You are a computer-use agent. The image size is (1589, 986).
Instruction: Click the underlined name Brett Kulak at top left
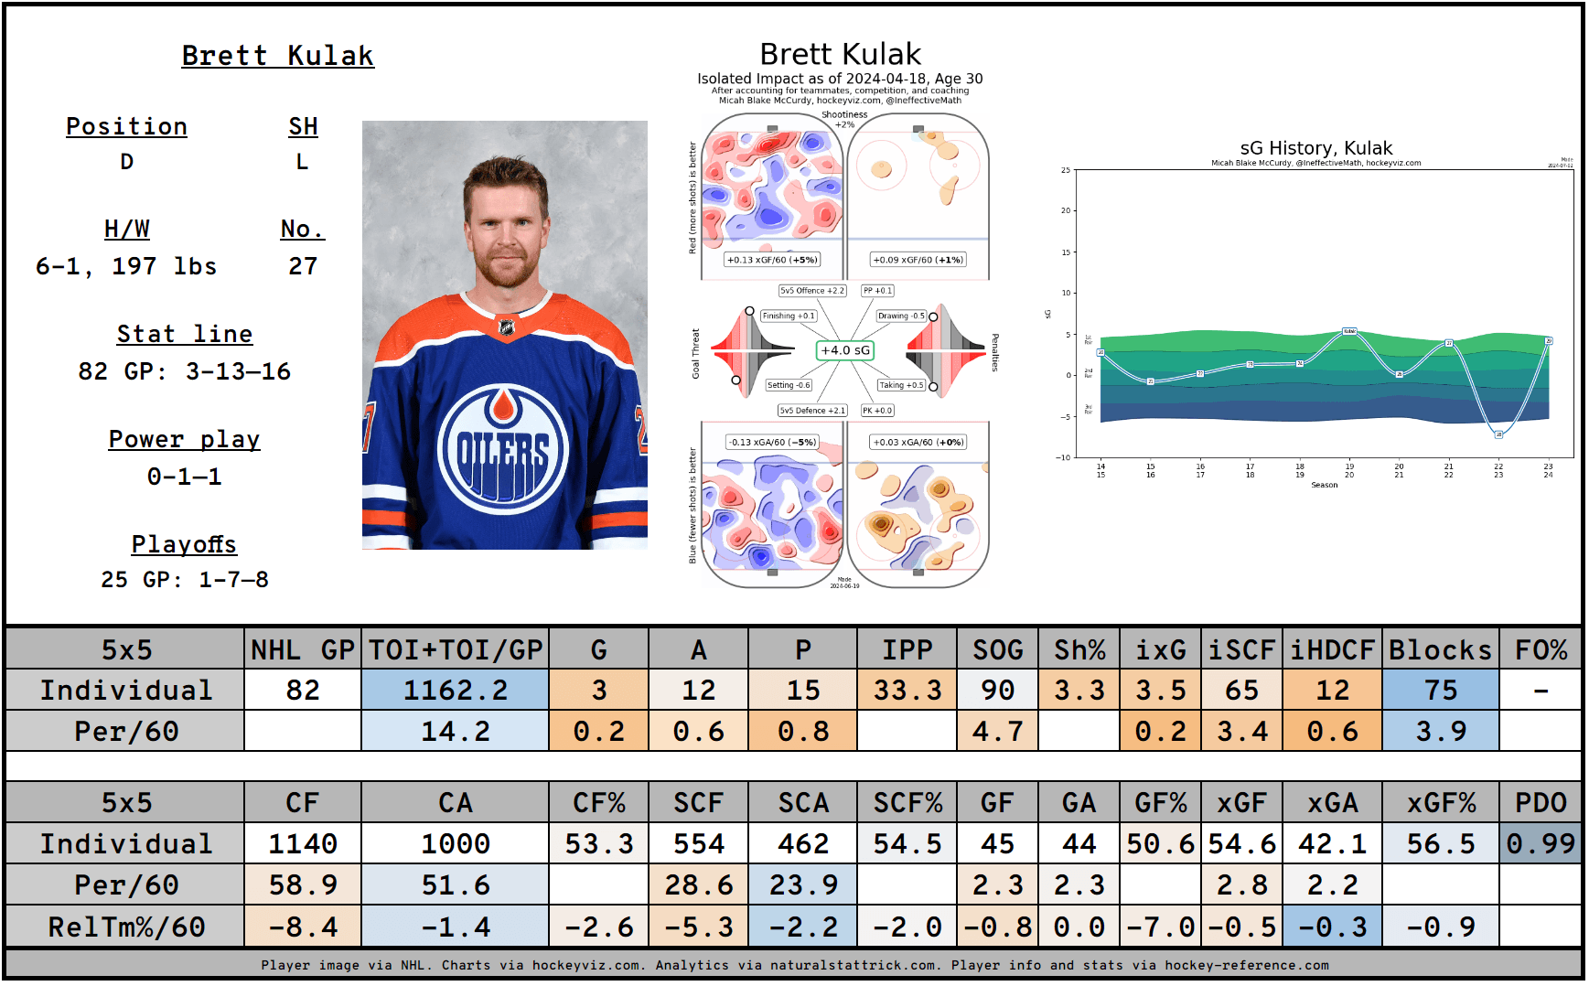click(277, 56)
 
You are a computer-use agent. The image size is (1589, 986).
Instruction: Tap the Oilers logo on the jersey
click(502, 449)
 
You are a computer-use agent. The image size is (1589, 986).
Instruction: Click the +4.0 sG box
click(844, 350)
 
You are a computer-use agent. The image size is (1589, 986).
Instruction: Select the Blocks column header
click(1440, 649)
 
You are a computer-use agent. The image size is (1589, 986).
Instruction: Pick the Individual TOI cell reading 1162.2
click(455, 690)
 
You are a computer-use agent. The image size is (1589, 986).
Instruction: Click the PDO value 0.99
click(1541, 843)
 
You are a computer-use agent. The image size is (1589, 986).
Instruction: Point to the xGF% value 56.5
click(1440, 843)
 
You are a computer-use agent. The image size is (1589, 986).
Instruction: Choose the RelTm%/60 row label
click(126, 927)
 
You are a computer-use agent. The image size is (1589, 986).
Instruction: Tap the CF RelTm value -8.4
click(302, 927)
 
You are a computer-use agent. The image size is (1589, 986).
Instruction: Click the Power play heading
click(184, 439)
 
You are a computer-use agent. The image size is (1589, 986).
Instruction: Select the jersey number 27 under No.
click(303, 266)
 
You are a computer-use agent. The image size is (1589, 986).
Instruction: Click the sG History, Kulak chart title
click(1315, 148)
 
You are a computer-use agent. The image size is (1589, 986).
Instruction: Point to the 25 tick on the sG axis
click(1065, 170)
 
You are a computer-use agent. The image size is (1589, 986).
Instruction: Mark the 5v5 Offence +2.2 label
click(811, 291)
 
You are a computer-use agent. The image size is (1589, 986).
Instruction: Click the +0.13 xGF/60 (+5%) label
click(771, 260)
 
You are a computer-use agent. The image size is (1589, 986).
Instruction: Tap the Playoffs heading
click(184, 544)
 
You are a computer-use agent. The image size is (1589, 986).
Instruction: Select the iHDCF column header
click(1332, 649)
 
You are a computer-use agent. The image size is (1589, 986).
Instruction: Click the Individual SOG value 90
click(997, 690)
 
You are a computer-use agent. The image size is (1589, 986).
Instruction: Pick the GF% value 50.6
click(1160, 843)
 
